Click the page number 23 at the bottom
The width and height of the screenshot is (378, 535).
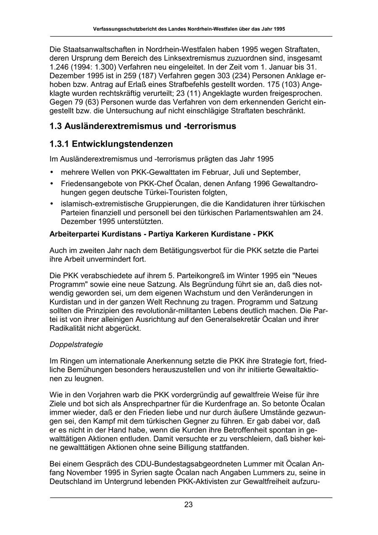pyautogui.click(x=188, y=505)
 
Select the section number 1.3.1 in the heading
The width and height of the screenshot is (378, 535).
pyautogui.click(x=59, y=144)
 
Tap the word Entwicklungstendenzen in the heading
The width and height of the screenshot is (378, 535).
pyautogui.click(x=122, y=144)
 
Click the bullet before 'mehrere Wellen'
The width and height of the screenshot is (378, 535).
pyautogui.click(x=52, y=172)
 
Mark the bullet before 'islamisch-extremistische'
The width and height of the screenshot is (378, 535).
pyautogui.click(x=52, y=204)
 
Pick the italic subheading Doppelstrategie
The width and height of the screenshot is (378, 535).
pyautogui.click(x=76, y=344)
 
